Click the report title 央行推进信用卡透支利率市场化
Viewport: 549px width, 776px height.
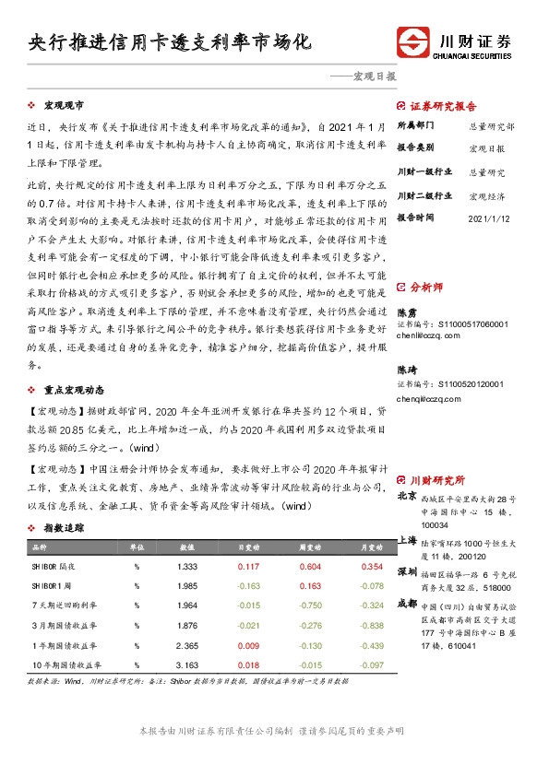(170, 43)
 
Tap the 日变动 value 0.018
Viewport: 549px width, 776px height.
(248, 664)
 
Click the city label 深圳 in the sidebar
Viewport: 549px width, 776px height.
(407, 572)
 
